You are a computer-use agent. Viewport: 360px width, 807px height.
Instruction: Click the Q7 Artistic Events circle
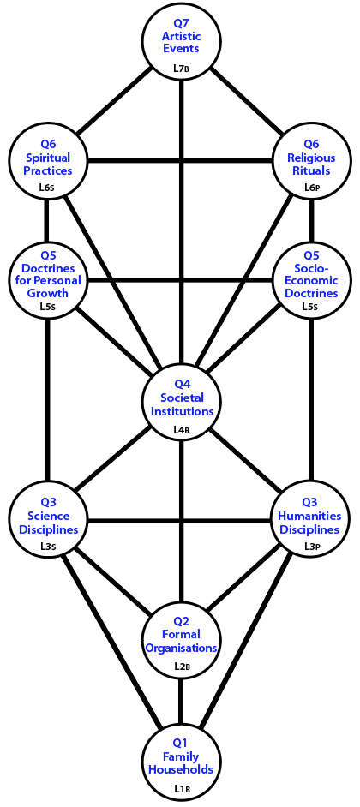[x=181, y=43]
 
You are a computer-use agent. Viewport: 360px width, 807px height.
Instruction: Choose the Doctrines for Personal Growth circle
[x=48, y=281]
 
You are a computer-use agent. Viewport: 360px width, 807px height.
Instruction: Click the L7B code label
[x=182, y=68]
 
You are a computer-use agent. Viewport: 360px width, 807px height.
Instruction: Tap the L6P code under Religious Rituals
[x=313, y=187]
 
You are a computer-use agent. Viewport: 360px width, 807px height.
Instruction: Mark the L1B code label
[x=182, y=787]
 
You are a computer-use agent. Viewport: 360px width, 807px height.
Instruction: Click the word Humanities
[x=309, y=516]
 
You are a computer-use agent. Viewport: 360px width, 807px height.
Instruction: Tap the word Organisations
[x=181, y=648]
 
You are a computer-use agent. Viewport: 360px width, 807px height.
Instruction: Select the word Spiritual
[x=48, y=157]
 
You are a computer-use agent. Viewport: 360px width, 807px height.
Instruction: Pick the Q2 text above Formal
[x=181, y=621]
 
